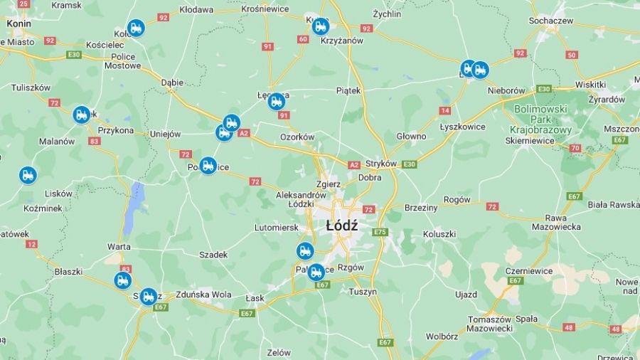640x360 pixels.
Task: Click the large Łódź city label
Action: pyautogui.click(x=341, y=226)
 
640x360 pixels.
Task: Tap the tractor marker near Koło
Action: pyautogui.click(x=136, y=28)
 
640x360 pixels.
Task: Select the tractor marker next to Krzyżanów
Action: pyautogui.click(x=321, y=27)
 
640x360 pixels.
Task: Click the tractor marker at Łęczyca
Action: pyautogui.click(x=277, y=102)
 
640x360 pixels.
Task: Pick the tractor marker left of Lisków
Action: pyautogui.click(x=28, y=174)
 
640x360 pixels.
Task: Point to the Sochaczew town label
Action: pyautogui.click(x=551, y=21)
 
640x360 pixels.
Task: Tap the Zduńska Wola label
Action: pyautogui.click(x=203, y=294)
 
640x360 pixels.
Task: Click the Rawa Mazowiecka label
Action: pyautogui.click(x=555, y=222)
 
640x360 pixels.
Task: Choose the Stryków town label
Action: pyautogui.click(x=380, y=163)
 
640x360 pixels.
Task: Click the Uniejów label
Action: pyautogui.click(x=165, y=134)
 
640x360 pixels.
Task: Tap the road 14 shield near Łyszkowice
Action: pyautogui.click(x=445, y=110)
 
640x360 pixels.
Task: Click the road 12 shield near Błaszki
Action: pyautogui.click(x=31, y=244)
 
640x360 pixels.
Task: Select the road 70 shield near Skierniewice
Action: pyautogui.click(x=575, y=148)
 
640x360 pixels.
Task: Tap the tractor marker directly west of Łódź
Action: pyautogui.click(x=305, y=250)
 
